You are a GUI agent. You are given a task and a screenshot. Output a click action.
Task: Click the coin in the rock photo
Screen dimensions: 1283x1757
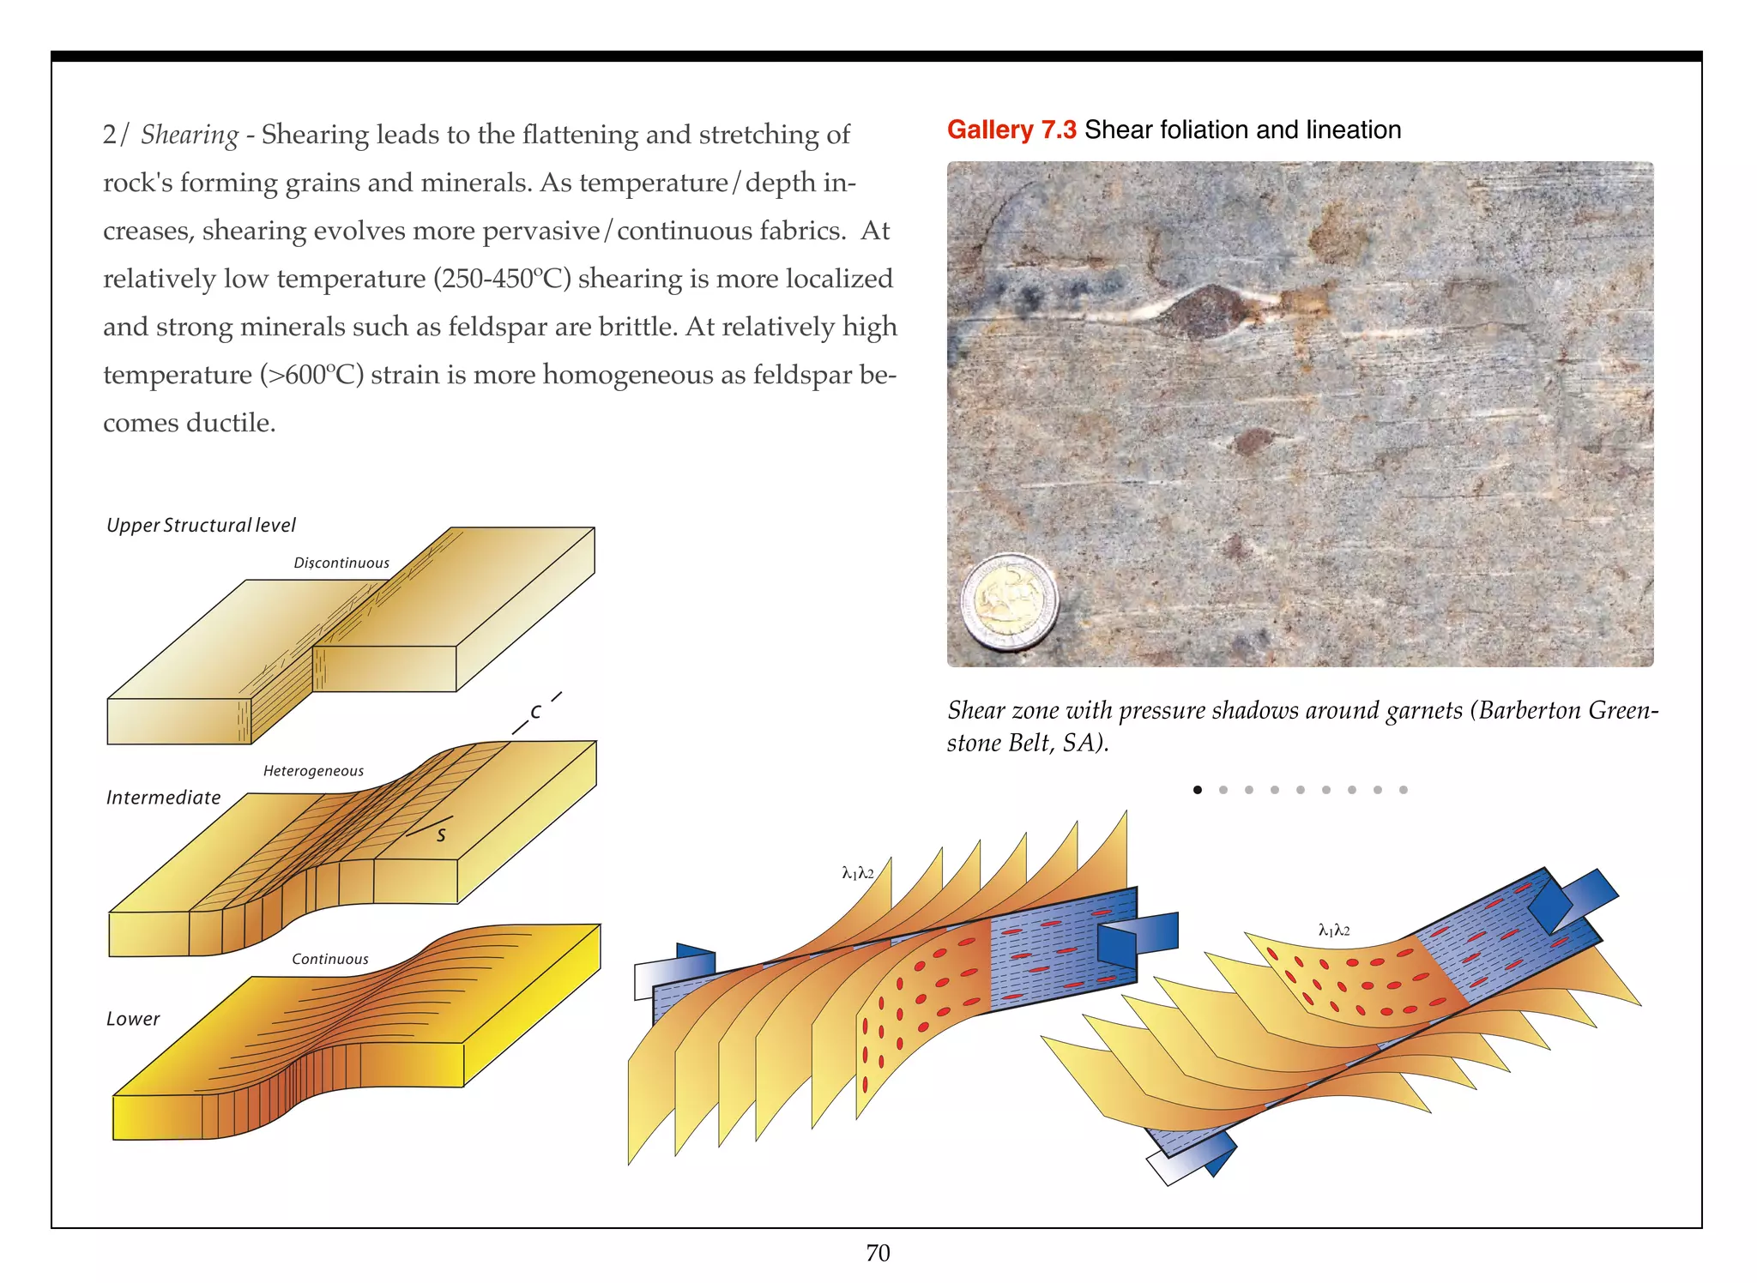click(1009, 602)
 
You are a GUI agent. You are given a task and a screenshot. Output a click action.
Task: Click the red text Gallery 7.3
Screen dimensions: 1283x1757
click(1011, 130)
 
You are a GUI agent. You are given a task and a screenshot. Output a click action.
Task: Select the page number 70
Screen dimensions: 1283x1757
click(878, 1253)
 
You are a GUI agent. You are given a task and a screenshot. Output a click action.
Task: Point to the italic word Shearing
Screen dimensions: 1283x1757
click(190, 135)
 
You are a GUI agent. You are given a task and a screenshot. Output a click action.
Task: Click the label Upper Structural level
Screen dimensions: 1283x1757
click(201, 525)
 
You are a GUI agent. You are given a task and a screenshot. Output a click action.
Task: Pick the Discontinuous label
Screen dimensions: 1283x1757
click(341, 563)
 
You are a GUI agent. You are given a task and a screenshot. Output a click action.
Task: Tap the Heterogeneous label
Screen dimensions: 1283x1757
click(313, 771)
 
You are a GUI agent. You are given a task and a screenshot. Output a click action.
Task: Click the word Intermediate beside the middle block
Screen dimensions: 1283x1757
click(163, 798)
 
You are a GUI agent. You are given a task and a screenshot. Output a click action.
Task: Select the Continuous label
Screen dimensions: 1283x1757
click(329, 959)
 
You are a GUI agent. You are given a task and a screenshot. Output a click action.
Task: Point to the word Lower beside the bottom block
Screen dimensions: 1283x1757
click(133, 1019)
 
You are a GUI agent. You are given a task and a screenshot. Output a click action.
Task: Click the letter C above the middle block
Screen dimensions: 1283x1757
click(536, 712)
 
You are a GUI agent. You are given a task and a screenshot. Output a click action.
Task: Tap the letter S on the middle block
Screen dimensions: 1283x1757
click(441, 834)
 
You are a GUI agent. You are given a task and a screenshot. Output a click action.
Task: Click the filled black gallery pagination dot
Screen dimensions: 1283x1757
click(1198, 790)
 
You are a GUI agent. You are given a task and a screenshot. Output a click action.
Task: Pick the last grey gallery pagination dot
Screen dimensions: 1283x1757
click(1404, 790)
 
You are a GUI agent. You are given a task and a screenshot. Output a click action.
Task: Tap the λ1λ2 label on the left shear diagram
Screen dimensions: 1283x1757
click(858, 873)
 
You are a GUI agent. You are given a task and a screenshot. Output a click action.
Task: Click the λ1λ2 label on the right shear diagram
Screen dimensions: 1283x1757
click(1334, 930)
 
